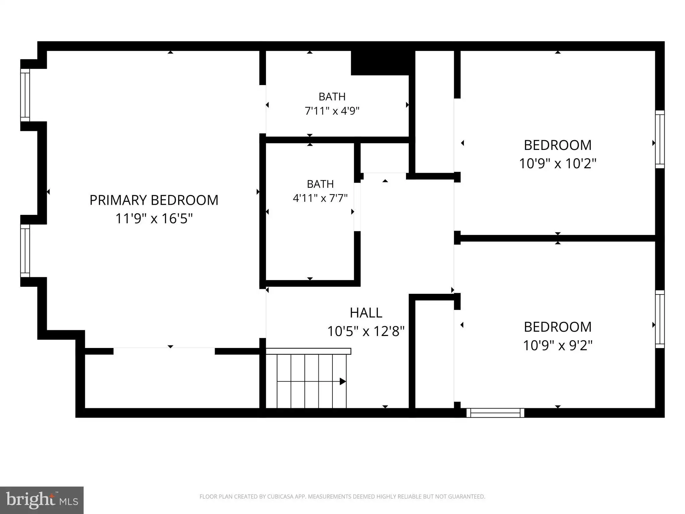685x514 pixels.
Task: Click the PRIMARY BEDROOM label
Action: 154,200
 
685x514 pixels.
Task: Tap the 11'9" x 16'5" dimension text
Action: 154,219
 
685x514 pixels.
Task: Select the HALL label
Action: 366,313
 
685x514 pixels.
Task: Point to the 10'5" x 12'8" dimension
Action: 366,331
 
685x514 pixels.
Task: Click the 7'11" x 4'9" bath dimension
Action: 332,111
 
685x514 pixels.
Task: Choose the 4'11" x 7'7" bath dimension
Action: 320,198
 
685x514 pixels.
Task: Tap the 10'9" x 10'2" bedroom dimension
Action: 558,164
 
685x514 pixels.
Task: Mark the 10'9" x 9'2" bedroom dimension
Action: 558,345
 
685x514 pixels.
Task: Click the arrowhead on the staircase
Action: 343,381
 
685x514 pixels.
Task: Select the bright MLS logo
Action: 42,500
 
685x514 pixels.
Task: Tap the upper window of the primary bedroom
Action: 25,95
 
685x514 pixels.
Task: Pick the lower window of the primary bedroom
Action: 25,251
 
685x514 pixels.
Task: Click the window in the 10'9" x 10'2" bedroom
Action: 660,139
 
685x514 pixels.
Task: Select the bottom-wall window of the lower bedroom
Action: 495,413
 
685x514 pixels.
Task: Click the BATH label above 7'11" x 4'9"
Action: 332,97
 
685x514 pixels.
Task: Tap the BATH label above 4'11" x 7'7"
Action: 320,184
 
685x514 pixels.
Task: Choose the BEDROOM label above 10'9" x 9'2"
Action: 558,327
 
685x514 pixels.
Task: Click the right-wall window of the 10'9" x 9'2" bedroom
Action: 660,319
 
